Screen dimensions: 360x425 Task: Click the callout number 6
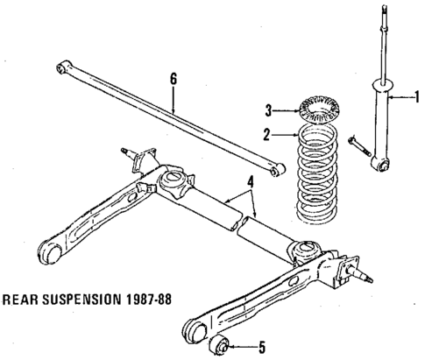tap(174, 79)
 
